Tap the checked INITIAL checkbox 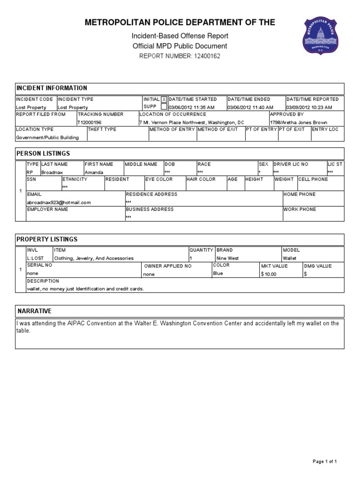point(164,99)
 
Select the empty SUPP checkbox point(164,106)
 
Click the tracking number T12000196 point(90,122)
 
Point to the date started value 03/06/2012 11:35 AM point(191,107)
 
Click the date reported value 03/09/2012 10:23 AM point(309,107)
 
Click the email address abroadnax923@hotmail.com point(59,202)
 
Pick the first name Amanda point(94,172)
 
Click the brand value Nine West point(227,258)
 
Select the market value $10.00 point(269,274)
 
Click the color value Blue point(218,273)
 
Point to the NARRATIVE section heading point(34,311)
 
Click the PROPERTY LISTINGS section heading point(47,240)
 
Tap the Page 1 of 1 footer point(325,462)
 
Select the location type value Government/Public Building point(47,138)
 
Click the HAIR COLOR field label point(201,179)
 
